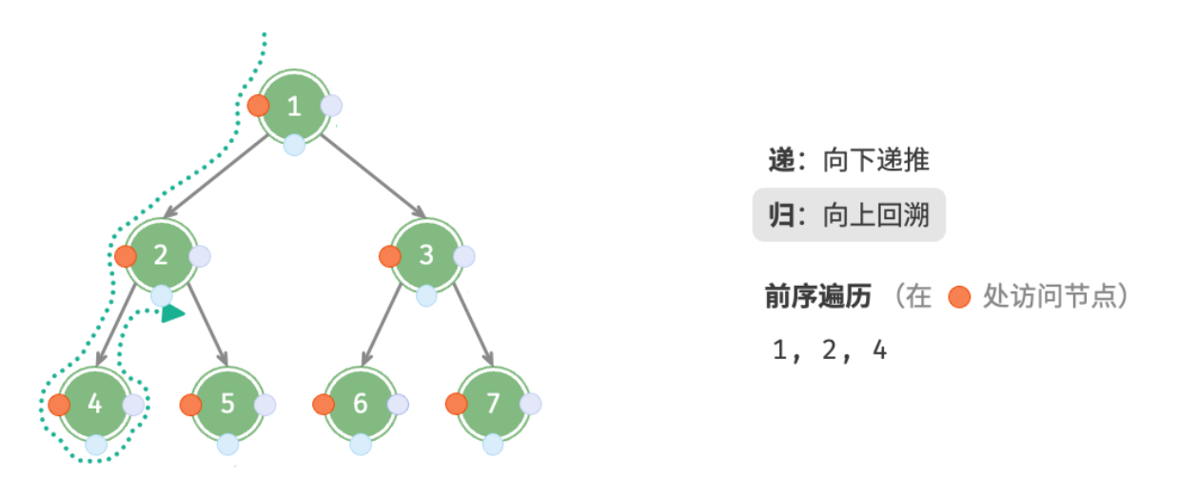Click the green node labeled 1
(x=294, y=107)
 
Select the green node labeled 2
(x=161, y=255)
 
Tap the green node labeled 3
(x=426, y=255)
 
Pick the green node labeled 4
(x=94, y=404)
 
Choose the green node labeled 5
(x=227, y=404)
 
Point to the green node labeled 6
(x=361, y=404)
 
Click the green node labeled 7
(x=493, y=404)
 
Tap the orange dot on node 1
(x=258, y=106)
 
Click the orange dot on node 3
(x=390, y=256)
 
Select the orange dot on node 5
(x=190, y=405)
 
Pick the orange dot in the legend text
(x=959, y=297)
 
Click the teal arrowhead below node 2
(x=172, y=313)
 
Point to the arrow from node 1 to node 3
(x=373, y=176)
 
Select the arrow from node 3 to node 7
(x=473, y=325)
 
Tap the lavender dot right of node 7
(x=530, y=404)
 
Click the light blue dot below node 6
(x=361, y=444)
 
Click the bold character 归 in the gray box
(x=781, y=215)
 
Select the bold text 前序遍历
(x=818, y=296)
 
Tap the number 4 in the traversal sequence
(x=880, y=350)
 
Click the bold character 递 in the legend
(x=781, y=160)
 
